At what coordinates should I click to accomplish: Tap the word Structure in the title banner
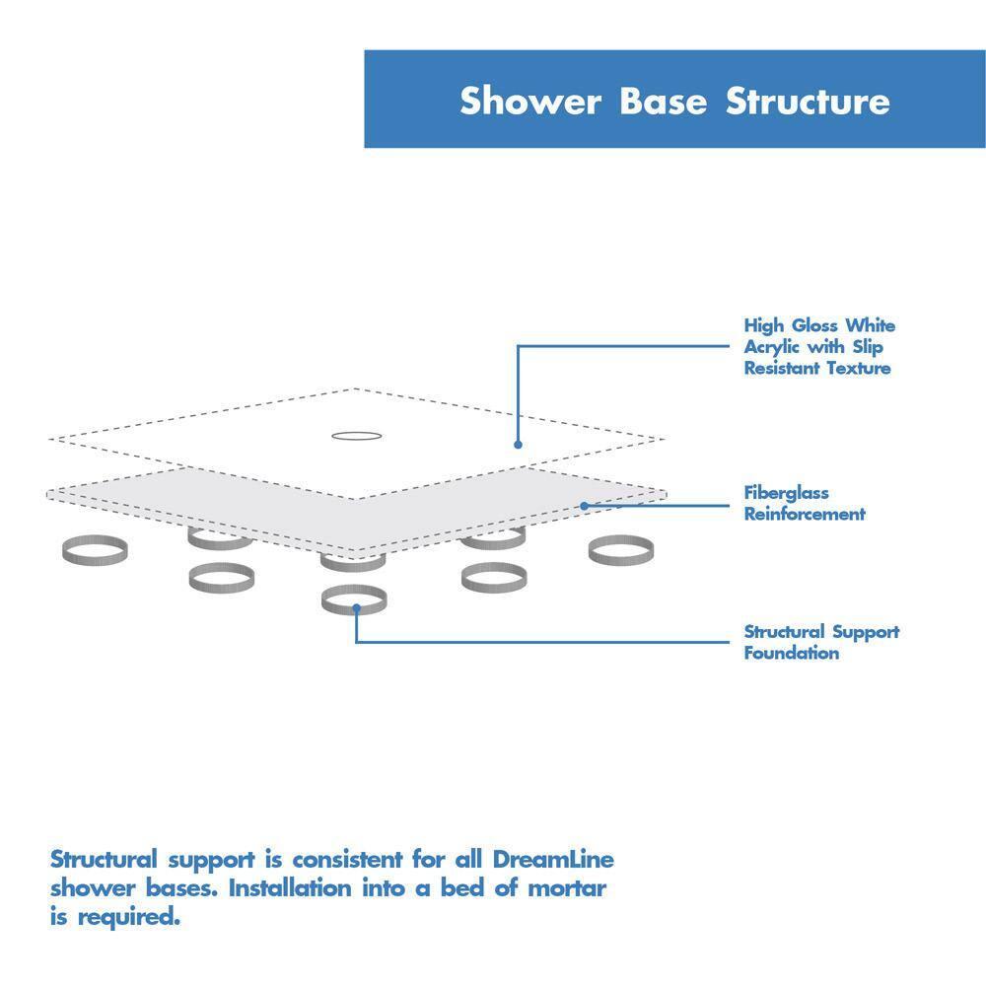click(809, 102)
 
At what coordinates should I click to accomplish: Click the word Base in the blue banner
click(664, 102)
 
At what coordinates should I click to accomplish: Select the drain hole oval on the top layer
click(354, 435)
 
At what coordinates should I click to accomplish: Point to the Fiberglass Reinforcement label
click(804, 503)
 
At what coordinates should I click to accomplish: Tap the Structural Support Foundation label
click(821, 642)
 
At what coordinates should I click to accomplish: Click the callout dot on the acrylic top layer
click(518, 445)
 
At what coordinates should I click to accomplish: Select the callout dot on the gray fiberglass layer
click(584, 506)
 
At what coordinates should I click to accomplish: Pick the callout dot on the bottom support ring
click(355, 609)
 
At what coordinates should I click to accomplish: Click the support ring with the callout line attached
click(353, 599)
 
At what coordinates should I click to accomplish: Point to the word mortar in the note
click(566, 888)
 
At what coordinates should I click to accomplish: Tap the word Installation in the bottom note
click(290, 888)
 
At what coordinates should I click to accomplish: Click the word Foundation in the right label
click(792, 653)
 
